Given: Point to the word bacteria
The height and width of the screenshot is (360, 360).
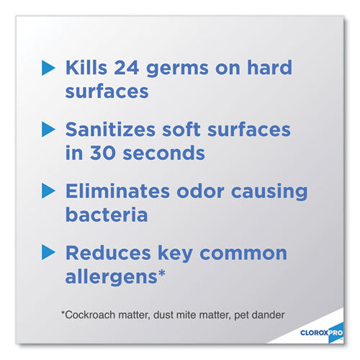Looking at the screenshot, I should point(107,215).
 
